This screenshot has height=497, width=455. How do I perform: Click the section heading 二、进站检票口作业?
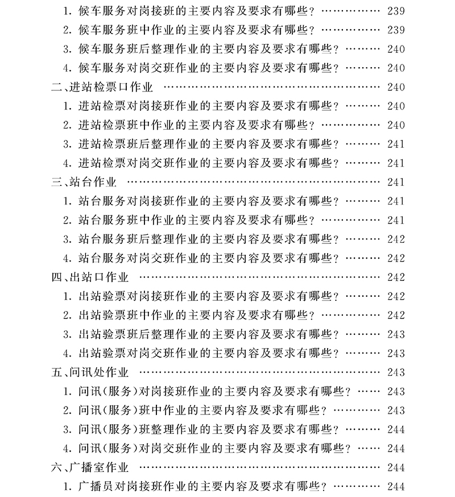102,87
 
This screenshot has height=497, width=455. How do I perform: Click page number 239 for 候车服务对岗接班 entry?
395,11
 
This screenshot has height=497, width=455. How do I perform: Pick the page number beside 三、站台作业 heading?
395,182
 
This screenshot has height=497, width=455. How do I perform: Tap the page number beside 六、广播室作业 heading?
395,467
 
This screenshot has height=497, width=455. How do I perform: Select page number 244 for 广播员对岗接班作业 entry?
395,487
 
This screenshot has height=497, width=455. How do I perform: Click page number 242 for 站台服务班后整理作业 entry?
395,239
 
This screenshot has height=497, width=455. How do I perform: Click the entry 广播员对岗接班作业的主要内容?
199,487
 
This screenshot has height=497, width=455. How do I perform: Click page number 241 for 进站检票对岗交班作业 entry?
395,163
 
